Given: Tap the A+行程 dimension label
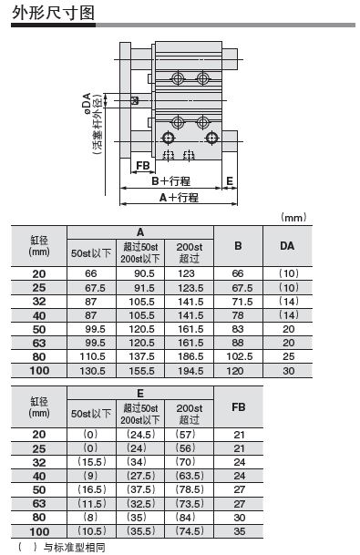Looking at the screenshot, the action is coord(179,197).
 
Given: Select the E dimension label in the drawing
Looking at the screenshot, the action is coord(230,180).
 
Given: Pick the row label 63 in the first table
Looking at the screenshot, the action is coord(38,344).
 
